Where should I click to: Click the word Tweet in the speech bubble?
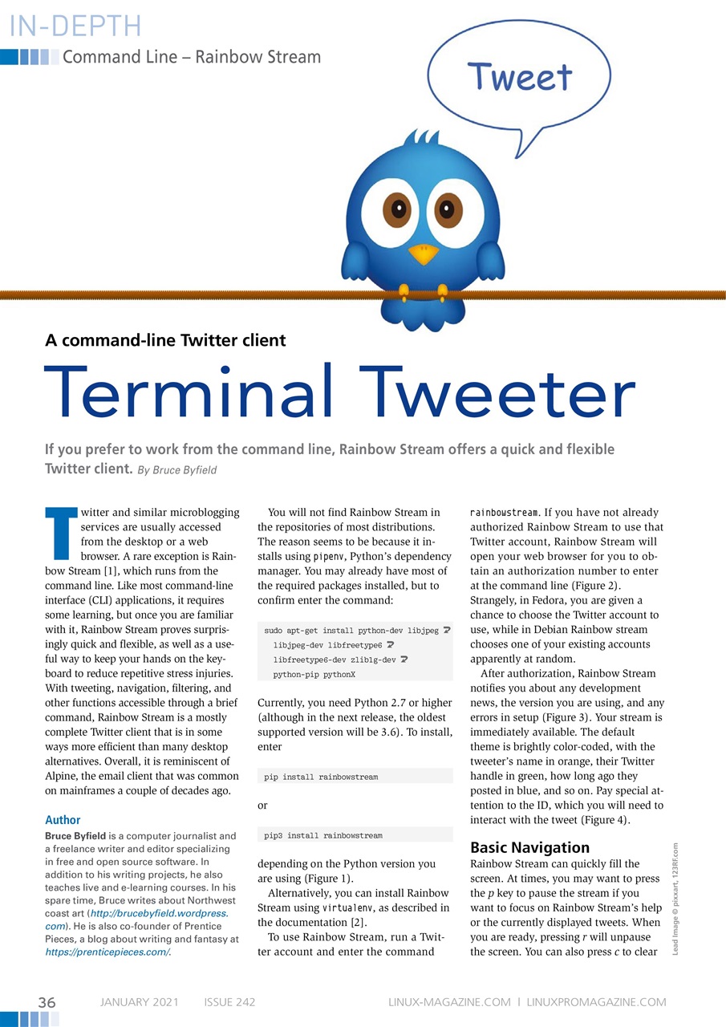520,78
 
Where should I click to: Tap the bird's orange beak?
424,254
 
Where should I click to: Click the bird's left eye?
392,211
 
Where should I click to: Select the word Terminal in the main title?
187,394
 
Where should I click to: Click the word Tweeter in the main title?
489,394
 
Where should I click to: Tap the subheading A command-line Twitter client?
165,340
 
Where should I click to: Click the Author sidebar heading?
63,820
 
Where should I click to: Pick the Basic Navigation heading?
529,847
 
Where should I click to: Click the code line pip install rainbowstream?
321,777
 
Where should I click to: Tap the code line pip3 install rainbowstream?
323,835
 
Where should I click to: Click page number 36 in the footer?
47,1002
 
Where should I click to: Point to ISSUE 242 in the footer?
229,1002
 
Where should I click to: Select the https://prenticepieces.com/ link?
108,952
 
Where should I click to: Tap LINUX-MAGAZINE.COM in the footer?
449,1002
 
